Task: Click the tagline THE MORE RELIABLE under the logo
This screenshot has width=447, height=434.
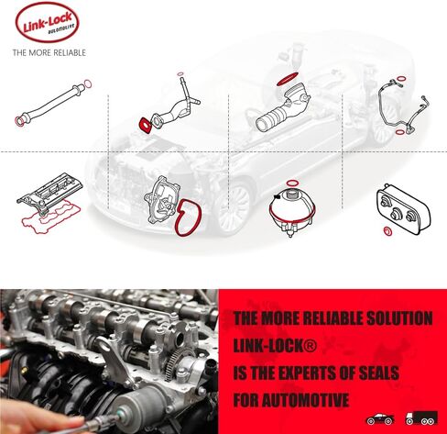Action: (49, 53)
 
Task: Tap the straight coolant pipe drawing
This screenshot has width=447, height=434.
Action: (51, 102)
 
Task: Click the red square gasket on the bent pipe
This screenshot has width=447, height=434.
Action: (144, 123)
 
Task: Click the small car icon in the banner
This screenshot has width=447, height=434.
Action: (380, 418)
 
